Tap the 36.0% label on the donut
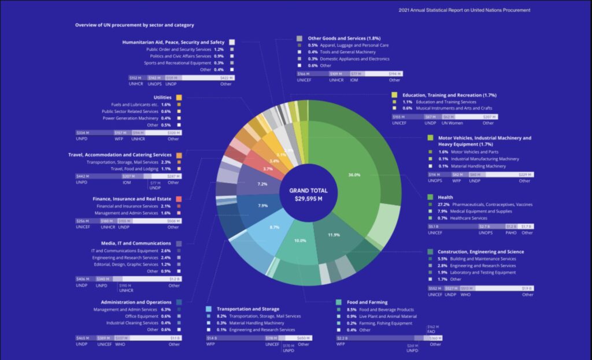click(x=354, y=175)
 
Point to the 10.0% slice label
click(x=300, y=240)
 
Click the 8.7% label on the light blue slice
click(x=274, y=227)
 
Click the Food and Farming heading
click(x=368, y=302)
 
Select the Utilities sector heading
click(x=162, y=97)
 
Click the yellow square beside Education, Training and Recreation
click(x=394, y=95)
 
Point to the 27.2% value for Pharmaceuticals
click(x=444, y=204)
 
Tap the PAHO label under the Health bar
click(x=510, y=233)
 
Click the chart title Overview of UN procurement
click(x=134, y=25)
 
